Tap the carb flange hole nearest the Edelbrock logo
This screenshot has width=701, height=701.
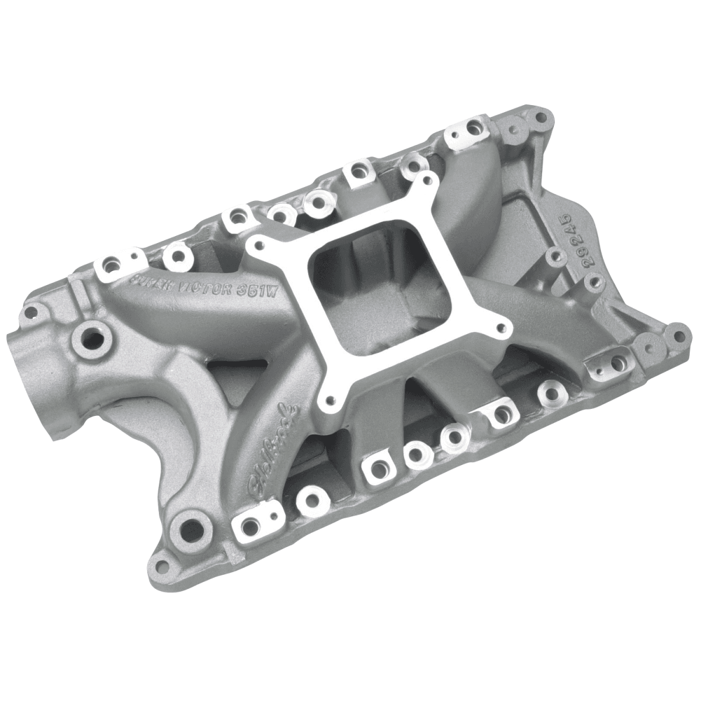331,401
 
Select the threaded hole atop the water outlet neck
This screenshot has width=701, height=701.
92,336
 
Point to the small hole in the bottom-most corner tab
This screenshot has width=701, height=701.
170,567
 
